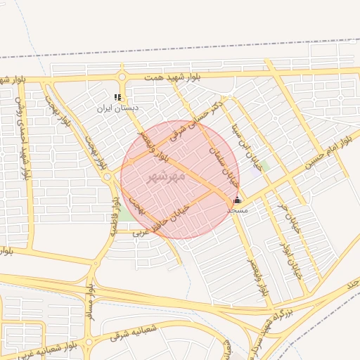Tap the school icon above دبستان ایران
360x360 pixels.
117,98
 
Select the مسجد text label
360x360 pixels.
238,210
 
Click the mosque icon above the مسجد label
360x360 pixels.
237,200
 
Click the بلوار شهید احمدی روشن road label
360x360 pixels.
23,136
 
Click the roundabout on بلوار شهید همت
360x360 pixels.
122,77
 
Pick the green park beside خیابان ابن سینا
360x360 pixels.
264,166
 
